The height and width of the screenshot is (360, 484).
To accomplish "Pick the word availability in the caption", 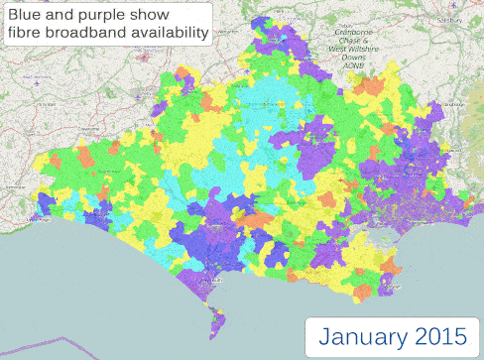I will click(x=173, y=35).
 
